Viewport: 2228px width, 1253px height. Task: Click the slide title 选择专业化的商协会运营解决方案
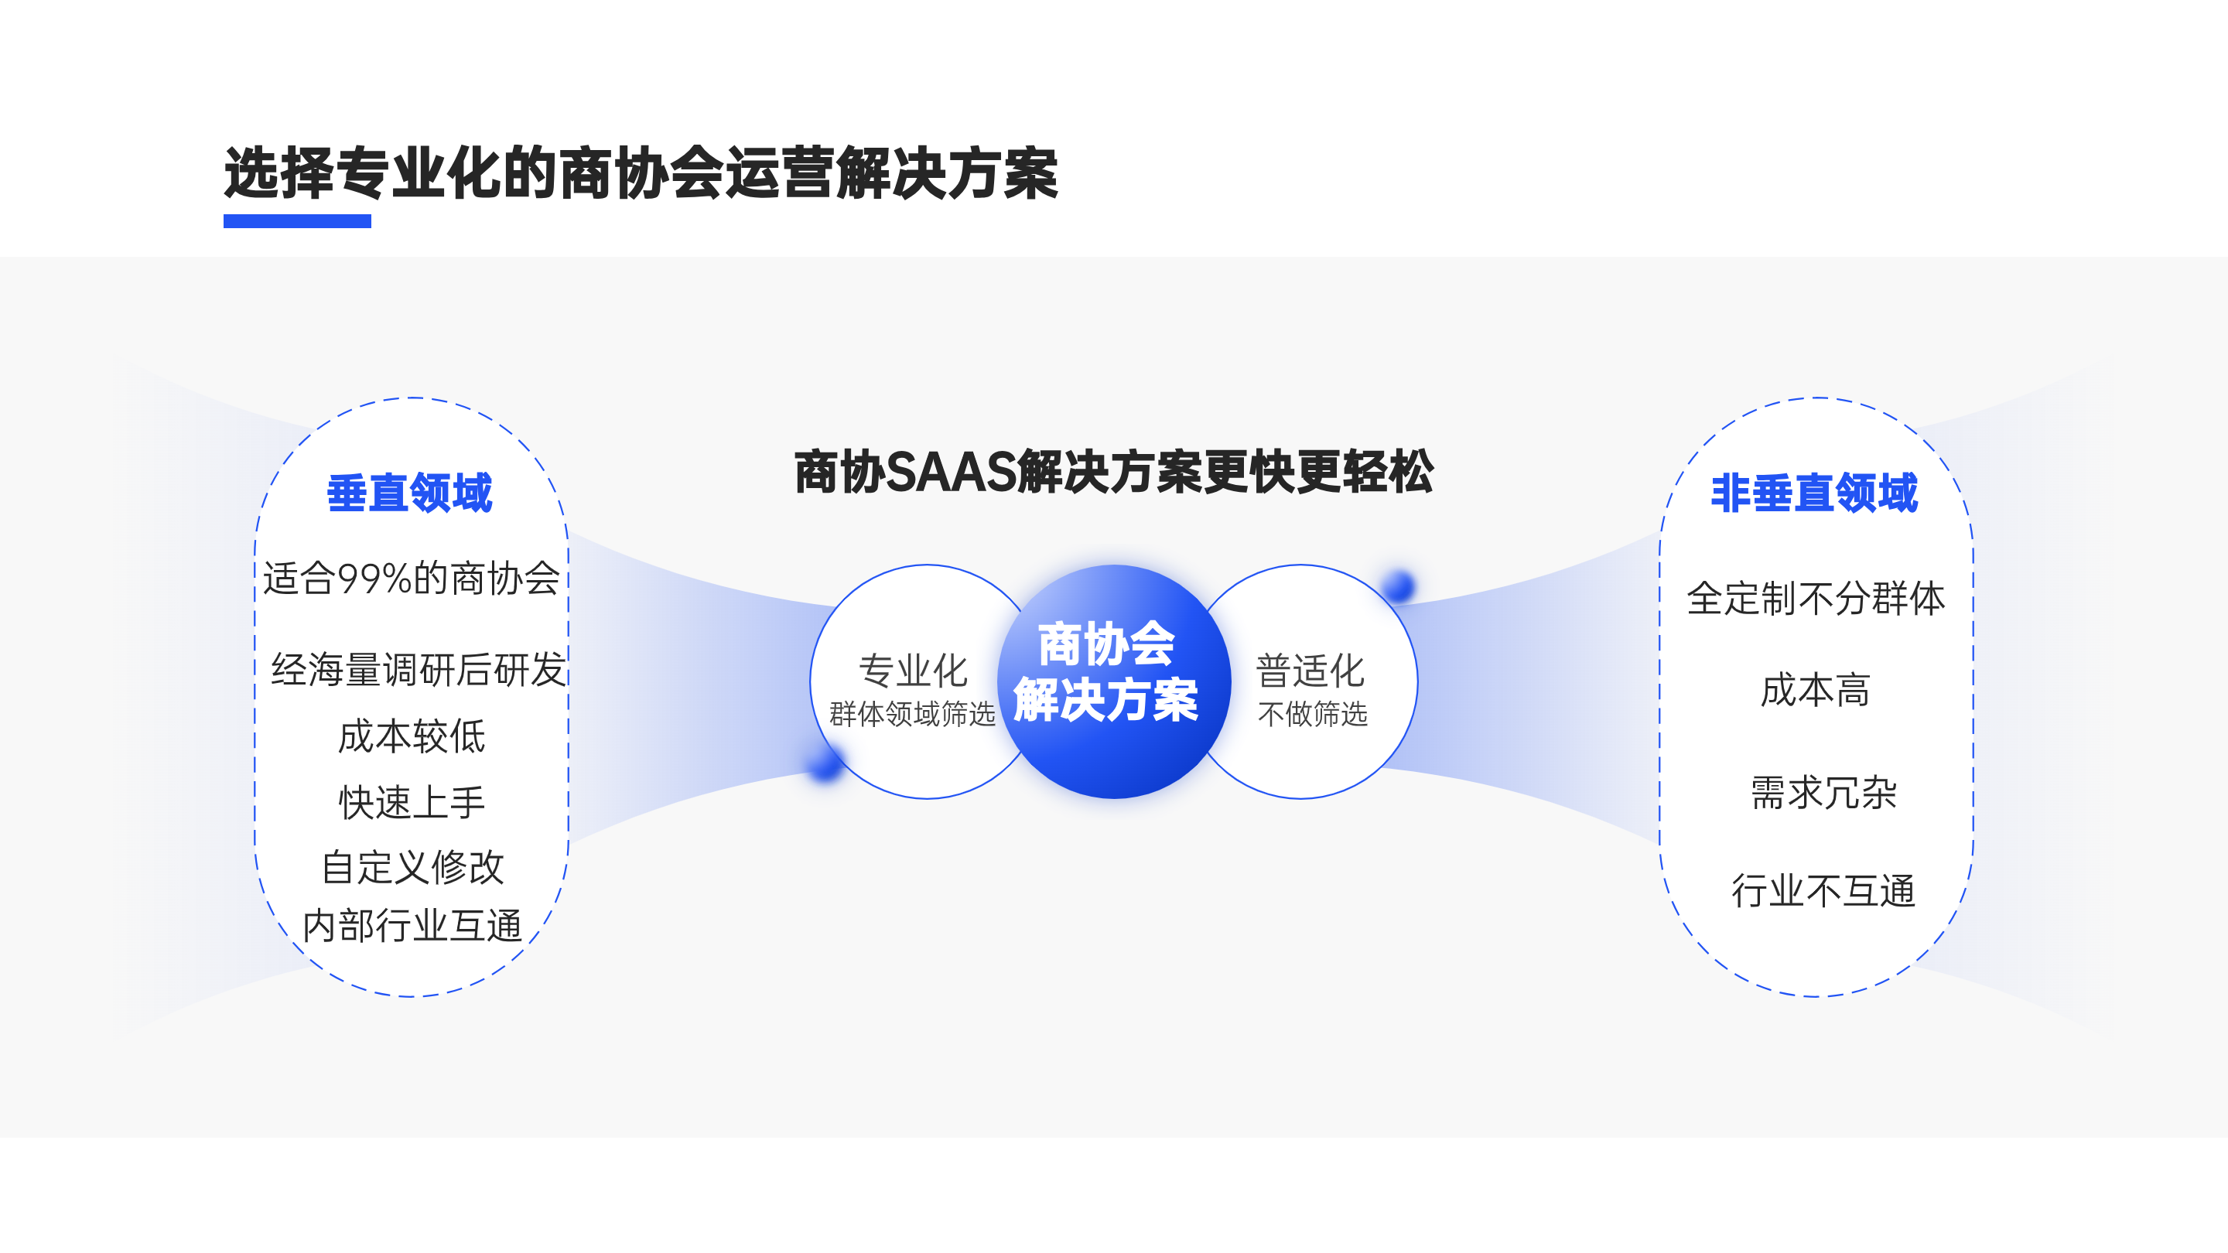click(x=641, y=174)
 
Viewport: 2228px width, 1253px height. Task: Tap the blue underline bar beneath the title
click(x=296, y=221)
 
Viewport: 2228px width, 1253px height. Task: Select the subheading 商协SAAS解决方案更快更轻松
click(x=1114, y=472)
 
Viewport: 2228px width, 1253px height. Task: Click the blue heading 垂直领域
click(x=410, y=493)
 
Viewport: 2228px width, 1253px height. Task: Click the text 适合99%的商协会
click(x=412, y=579)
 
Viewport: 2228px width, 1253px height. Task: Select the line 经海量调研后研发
click(x=419, y=669)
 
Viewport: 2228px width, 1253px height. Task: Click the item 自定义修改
click(x=412, y=867)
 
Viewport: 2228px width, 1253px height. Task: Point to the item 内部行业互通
click(x=412, y=926)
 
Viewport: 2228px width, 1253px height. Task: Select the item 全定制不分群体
click(x=1816, y=599)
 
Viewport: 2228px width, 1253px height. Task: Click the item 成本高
click(x=1816, y=690)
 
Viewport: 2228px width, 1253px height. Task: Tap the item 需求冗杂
click(x=1824, y=792)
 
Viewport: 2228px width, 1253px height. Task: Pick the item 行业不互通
click(x=1823, y=891)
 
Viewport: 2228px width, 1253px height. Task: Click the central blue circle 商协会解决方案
click(x=1114, y=681)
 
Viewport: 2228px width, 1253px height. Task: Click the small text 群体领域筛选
click(x=913, y=714)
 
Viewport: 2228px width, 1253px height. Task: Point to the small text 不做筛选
click(x=1313, y=714)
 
